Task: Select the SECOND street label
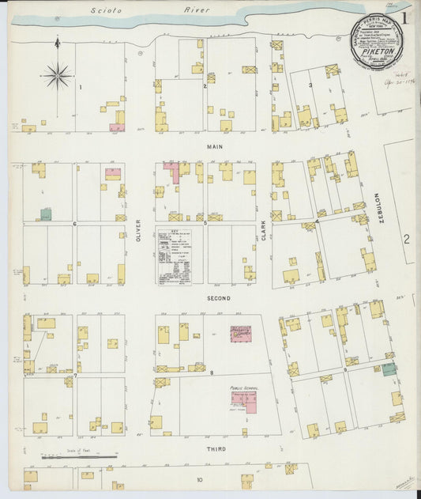218,298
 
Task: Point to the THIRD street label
216,448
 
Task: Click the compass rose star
57,76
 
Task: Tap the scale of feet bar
79,457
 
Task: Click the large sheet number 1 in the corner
404,16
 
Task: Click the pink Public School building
245,402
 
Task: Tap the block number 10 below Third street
200,479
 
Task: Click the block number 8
212,372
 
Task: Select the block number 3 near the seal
310,85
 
